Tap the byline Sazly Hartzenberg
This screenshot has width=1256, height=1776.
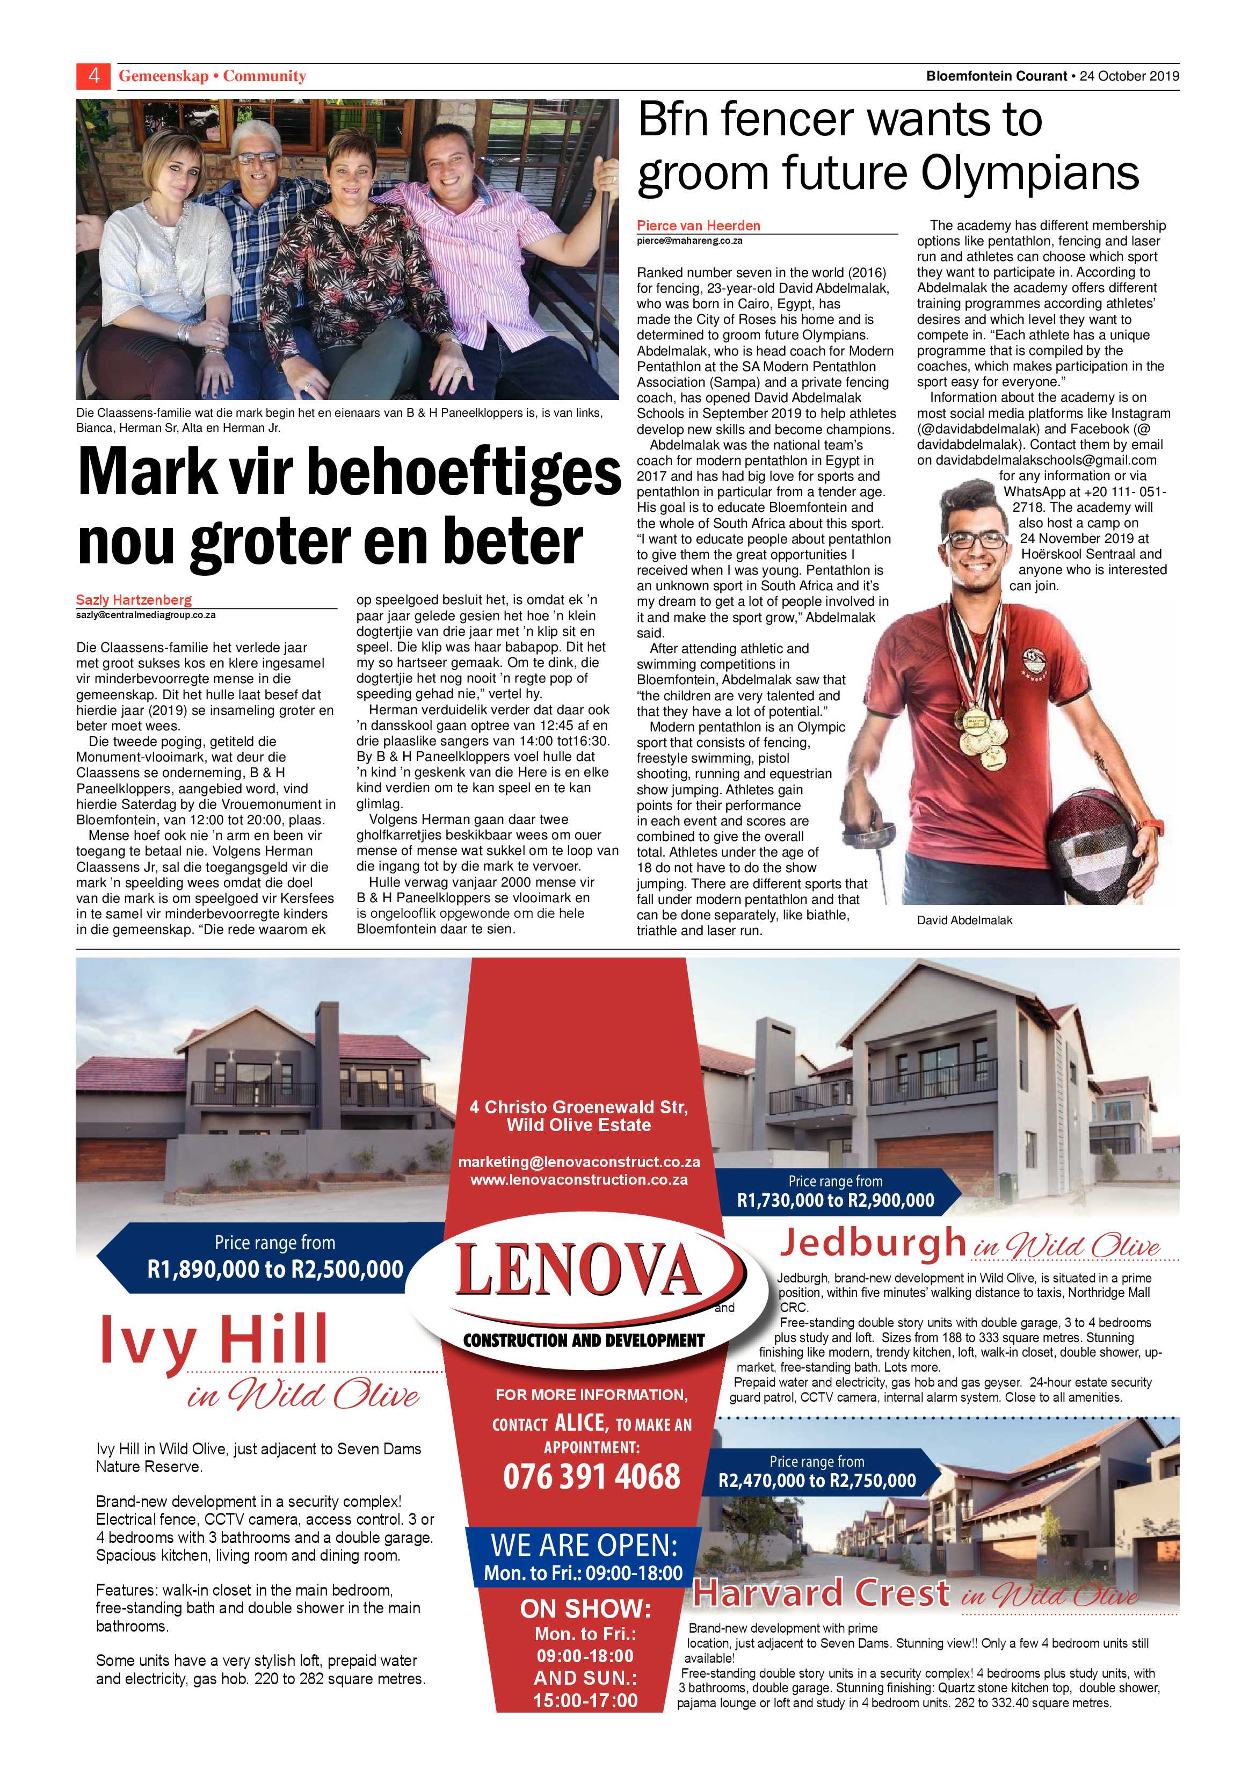coord(134,599)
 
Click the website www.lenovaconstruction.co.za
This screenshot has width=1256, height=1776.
coord(578,1180)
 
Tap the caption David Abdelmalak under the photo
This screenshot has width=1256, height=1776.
coord(964,920)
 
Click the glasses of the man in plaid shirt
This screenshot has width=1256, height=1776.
coord(258,157)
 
